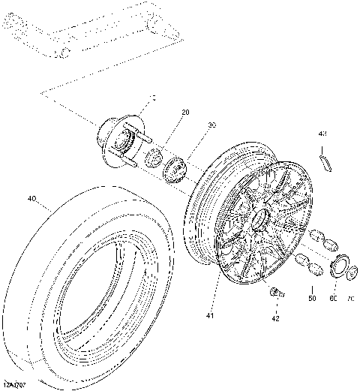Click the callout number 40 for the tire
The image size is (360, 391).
[x=31, y=200]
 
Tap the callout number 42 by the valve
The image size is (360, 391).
[x=275, y=318]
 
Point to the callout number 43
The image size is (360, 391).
[x=322, y=134]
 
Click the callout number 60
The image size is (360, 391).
[x=334, y=299]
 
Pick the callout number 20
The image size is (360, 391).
[x=184, y=112]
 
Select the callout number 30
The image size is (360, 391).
[x=212, y=125]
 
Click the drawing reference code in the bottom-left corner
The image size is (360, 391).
[x=14, y=384]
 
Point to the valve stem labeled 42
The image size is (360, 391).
[x=277, y=293]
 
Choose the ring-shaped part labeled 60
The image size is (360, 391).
[x=337, y=266]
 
